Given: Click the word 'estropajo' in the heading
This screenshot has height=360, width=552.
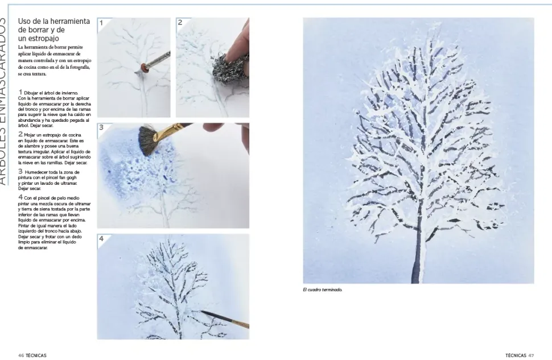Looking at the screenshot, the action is pos(43,38).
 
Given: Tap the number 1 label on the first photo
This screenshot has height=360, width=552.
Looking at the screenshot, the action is pos(101,23).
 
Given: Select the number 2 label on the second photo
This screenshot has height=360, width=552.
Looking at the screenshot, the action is pos(180,23).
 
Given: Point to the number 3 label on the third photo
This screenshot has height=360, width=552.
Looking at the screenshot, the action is pos(101,127).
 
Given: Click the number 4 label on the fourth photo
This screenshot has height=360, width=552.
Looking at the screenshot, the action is pos(101,239).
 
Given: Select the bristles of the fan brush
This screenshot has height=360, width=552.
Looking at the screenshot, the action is pos(148,139).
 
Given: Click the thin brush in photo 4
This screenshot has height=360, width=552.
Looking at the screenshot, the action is pos(225,319).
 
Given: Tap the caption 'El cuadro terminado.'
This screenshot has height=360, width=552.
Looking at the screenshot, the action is pos(323,289).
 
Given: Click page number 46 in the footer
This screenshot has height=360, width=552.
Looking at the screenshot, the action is pos(20,355).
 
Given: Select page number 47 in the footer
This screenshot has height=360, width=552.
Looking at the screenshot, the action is pos(531,355).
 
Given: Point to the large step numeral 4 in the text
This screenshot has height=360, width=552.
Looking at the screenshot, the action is pos(20,197).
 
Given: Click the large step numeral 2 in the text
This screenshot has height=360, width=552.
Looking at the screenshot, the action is pos(20,134).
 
